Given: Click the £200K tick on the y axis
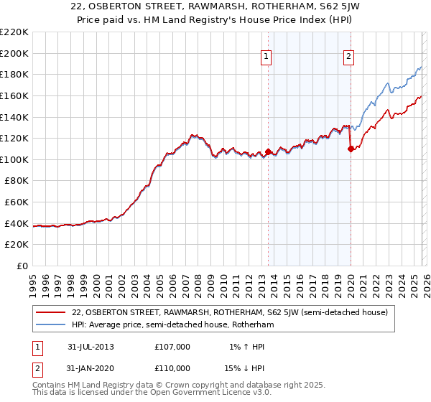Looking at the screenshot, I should pyautogui.click(x=14, y=53).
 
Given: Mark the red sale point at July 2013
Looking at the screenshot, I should pyautogui.click(x=268, y=152).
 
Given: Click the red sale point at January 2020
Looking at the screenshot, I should pyautogui.click(x=351, y=149).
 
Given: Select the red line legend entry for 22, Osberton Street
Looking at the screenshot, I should pyautogui.click(x=230, y=312).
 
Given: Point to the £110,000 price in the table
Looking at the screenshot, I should pyautogui.click(x=172, y=368).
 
